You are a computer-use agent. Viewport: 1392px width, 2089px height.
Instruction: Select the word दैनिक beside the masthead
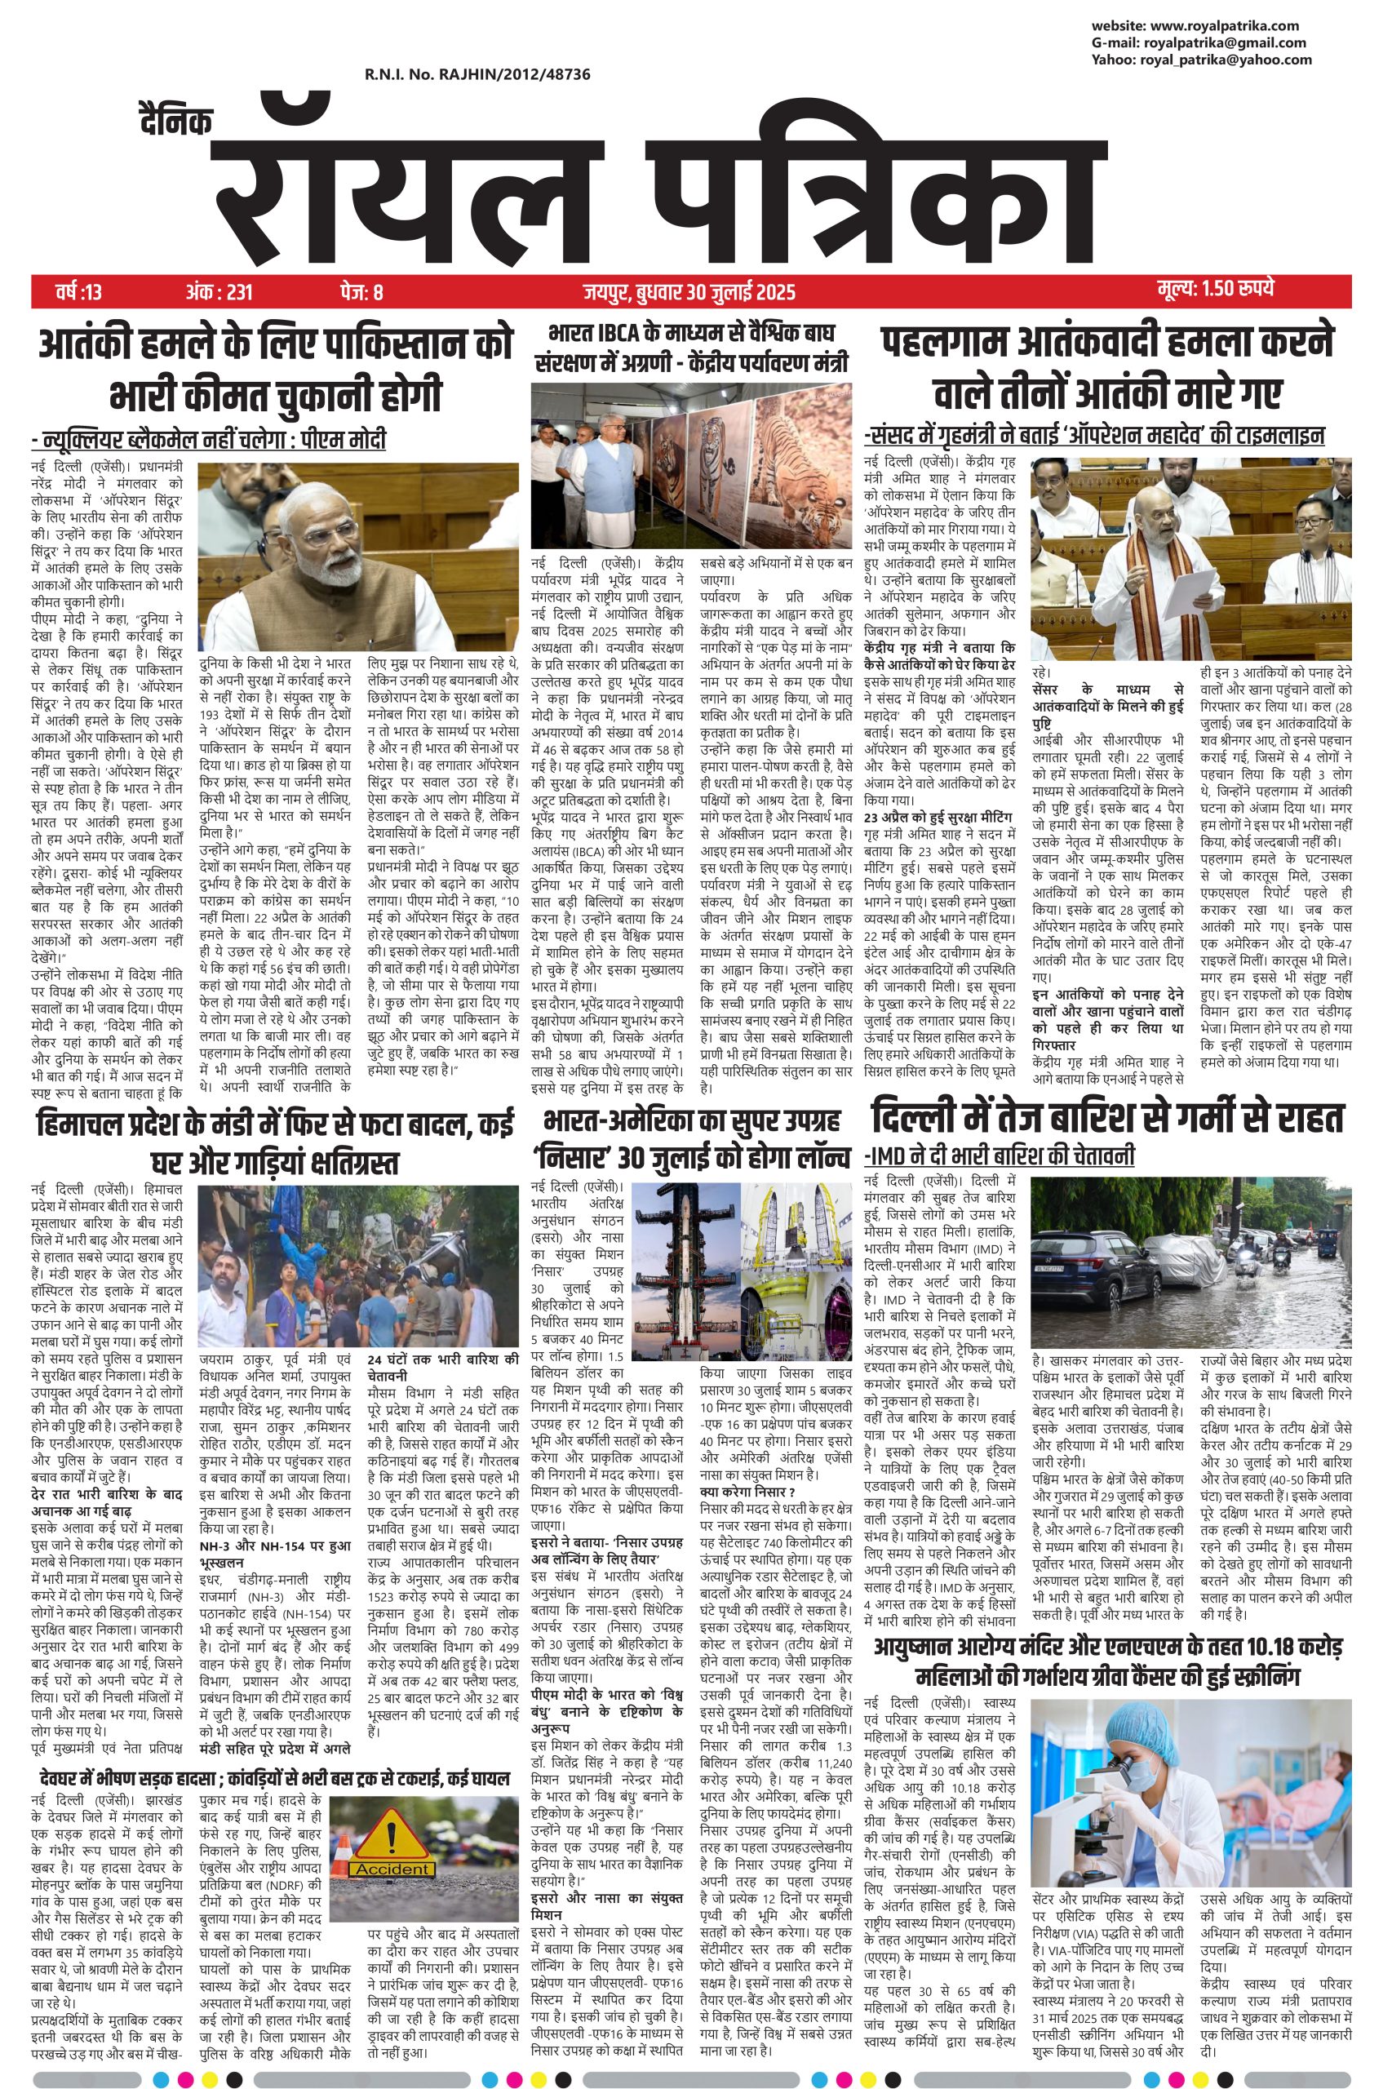point(175,122)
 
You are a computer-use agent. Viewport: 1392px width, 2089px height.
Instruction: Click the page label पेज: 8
point(361,291)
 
